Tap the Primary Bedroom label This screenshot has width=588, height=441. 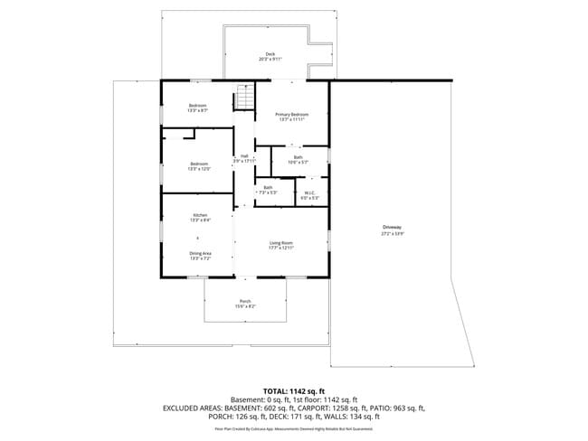point(292,116)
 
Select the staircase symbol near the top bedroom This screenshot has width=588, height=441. point(244,95)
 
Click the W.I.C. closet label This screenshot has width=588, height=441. point(309,192)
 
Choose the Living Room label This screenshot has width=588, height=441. point(281,244)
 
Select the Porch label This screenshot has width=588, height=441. point(245,302)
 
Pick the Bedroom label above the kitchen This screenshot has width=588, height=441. point(199,164)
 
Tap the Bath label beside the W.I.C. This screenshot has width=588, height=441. point(268,189)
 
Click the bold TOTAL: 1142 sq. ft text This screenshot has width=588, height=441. point(293,391)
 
